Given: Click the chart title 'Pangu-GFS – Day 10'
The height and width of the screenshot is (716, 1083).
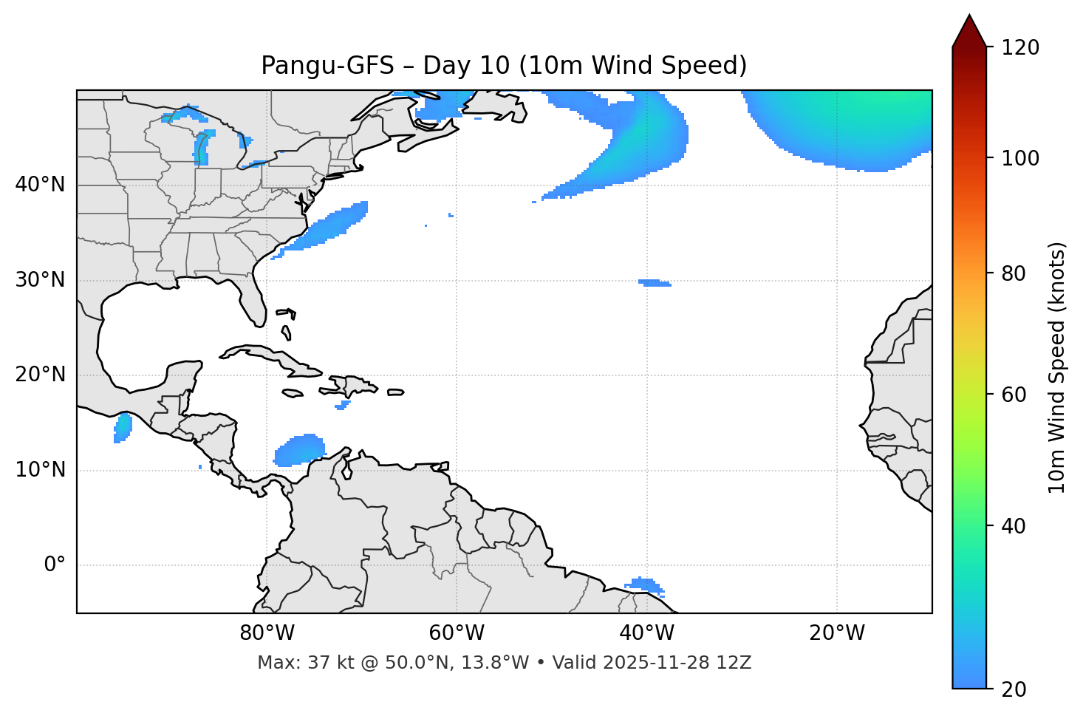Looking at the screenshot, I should [503, 66].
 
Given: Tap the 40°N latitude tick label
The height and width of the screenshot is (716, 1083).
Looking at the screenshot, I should [40, 185].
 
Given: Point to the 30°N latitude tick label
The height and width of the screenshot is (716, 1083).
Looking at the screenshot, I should [40, 280].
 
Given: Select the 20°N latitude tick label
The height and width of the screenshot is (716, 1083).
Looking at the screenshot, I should [40, 375].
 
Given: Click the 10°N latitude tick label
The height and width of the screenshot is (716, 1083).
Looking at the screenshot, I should [40, 470].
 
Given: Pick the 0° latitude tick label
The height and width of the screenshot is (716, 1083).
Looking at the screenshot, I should [54, 565].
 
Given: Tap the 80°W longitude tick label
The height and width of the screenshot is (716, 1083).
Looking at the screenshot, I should [267, 633].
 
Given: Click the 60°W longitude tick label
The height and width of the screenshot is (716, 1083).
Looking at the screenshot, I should [457, 633].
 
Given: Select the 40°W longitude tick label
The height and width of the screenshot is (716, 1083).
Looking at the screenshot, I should [646, 633].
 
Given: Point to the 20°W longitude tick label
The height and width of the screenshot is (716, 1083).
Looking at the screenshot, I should [836, 633].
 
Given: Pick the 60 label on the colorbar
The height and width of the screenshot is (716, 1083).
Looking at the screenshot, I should [1014, 395].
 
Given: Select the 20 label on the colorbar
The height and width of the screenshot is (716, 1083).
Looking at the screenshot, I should [1014, 689].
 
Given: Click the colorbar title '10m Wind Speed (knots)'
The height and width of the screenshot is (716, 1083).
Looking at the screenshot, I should [1057, 367].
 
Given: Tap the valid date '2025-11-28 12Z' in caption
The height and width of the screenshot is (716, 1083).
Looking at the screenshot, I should [677, 663].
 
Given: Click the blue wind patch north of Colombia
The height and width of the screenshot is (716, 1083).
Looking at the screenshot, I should [300, 450].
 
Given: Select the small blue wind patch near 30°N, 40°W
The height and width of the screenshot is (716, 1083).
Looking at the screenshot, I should [655, 283].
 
